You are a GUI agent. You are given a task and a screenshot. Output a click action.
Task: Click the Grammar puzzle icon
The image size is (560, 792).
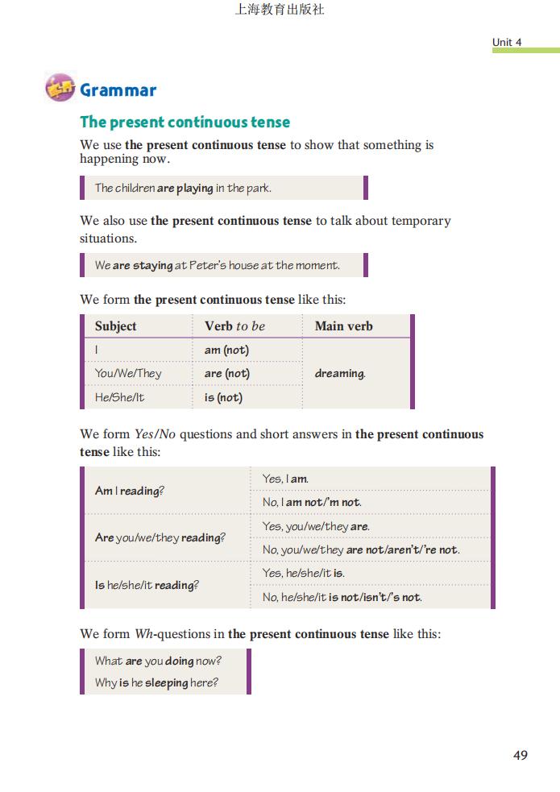tap(60, 88)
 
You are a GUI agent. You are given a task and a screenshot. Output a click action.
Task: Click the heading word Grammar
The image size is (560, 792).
tap(118, 90)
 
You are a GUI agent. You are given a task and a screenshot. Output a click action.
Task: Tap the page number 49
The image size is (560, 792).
tap(520, 755)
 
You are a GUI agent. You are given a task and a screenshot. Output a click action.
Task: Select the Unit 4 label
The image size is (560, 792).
tap(507, 42)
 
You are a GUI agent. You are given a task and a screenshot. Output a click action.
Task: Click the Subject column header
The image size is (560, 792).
tap(115, 326)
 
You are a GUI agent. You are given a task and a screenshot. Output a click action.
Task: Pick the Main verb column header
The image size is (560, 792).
tap(343, 326)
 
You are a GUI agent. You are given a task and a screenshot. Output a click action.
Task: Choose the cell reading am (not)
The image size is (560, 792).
tap(226, 350)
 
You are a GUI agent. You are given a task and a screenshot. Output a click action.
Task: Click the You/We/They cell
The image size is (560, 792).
tap(128, 373)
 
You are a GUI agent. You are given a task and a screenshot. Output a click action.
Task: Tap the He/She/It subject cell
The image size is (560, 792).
tap(120, 397)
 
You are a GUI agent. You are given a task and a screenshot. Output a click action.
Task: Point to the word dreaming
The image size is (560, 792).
tap(339, 373)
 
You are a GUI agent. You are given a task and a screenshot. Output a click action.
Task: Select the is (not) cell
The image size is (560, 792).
tap(223, 397)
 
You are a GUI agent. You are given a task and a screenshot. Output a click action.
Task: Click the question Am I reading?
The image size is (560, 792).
tap(130, 491)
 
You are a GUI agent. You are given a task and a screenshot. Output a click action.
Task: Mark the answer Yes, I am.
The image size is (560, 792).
tap(285, 479)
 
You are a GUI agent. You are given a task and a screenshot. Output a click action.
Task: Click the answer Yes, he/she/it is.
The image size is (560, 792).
tap(303, 573)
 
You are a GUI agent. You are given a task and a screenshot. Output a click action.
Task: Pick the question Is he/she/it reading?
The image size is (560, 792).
tap(146, 585)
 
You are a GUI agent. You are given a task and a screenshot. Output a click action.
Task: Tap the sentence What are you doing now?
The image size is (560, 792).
tap(158, 661)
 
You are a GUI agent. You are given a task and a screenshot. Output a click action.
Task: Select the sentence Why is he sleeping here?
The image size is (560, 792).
tap(156, 682)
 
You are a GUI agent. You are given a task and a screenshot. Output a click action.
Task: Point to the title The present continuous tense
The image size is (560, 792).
tap(185, 122)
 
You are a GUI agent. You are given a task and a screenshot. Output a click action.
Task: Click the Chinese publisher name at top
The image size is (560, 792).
tap(280, 10)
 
